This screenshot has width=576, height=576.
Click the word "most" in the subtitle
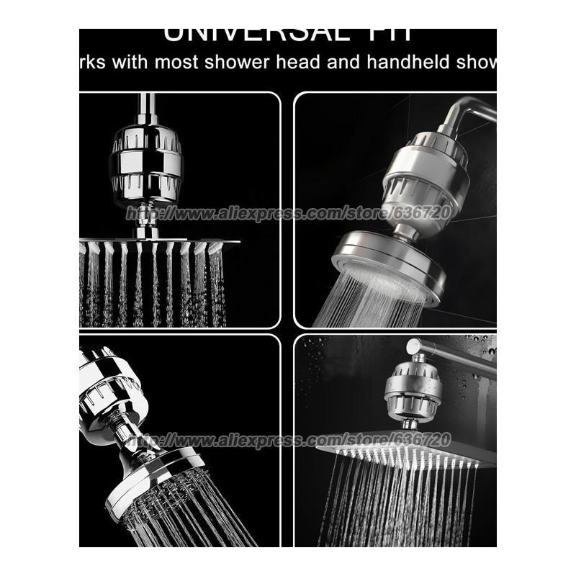[x=173, y=63]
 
